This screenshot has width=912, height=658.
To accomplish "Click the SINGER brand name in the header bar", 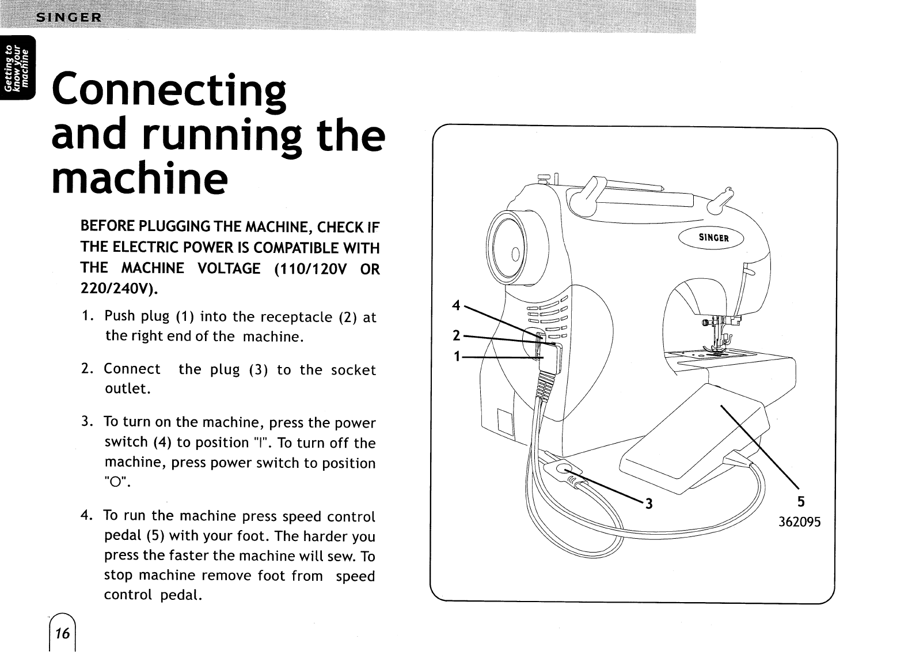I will [69, 17].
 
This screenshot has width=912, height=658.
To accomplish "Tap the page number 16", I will [62, 634].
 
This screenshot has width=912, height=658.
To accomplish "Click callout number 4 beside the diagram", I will [456, 306].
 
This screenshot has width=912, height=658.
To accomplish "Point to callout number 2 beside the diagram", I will [456, 335].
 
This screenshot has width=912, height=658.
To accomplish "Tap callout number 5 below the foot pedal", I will [800, 502].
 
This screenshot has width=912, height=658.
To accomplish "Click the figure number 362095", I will [800, 523].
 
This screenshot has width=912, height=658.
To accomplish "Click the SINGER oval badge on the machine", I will [713, 238].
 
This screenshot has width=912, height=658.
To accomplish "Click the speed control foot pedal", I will [691, 444].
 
